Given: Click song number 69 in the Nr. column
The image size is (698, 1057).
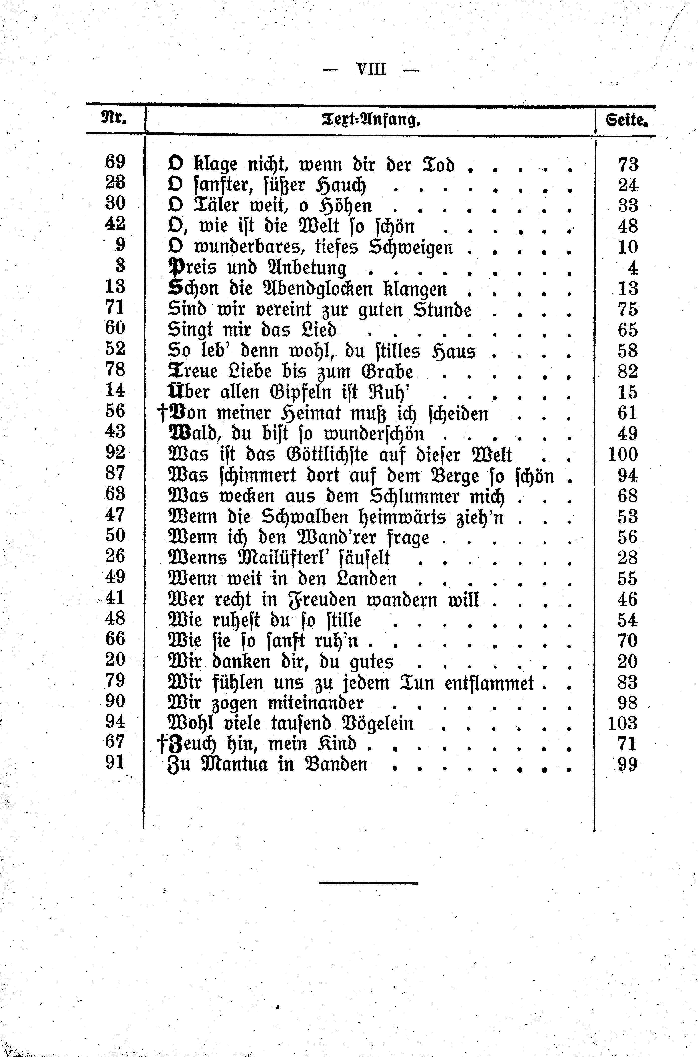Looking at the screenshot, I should (115, 162).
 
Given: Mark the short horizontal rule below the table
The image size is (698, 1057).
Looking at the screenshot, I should (369, 882).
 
